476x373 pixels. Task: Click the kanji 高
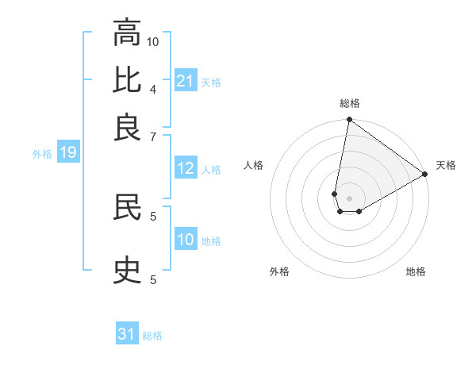pos(127,34)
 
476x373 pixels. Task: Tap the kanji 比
pos(127,81)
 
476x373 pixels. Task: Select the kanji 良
pos(127,127)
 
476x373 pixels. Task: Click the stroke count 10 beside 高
pos(153,40)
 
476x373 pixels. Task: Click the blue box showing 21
pos(186,81)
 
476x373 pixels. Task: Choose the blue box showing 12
pos(186,168)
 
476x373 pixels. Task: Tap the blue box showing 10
pos(186,240)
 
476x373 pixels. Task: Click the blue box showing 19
pos(68,153)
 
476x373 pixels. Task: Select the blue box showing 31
pos(127,334)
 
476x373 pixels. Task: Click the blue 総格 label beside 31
pos(152,336)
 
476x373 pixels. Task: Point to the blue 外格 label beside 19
pos(42,154)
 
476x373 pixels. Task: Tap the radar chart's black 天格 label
pos(446,165)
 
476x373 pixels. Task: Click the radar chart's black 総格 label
pos(350,103)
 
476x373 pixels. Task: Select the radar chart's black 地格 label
pos(416,271)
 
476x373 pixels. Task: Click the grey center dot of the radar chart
pos(350,198)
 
